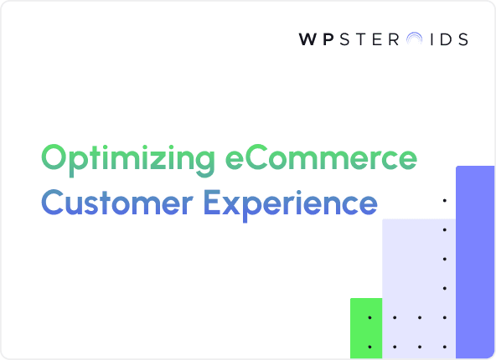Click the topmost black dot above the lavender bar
point(444,201)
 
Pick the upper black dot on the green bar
point(369,317)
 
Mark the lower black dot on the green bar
point(369,346)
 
